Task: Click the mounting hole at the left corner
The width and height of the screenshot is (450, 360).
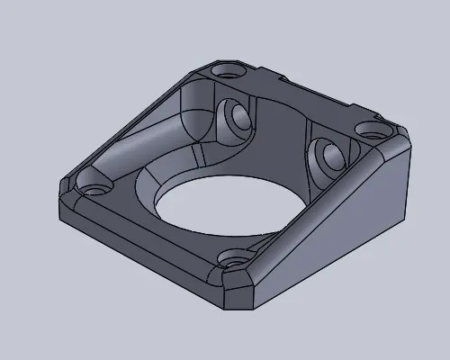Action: pyautogui.click(x=94, y=190)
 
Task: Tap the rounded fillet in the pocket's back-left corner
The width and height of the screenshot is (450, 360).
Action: pyautogui.click(x=193, y=108)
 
